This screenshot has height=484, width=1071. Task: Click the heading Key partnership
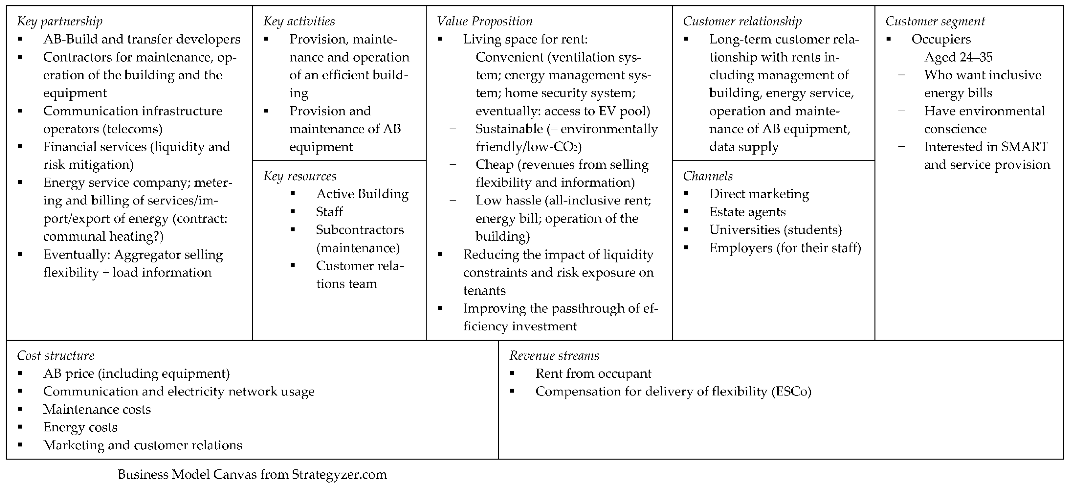pyautogui.click(x=60, y=21)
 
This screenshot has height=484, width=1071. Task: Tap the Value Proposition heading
pyautogui.click(x=484, y=21)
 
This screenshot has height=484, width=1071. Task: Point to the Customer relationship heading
pyautogui.click(x=742, y=21)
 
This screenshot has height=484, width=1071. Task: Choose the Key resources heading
pyautogui.click(x=300, y=176)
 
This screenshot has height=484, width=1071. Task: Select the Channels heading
pyautogui.click(x=708, y=176)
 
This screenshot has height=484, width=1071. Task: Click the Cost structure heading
pyautogui.click(x=56, y=356)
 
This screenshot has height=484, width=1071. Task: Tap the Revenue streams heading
pyautogui.click(x=554, y=356)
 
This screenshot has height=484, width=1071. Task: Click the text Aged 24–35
pyautogui.click(x=958, y=57)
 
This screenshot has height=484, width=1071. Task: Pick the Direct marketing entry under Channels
pyautogui.click(x=759, y=194)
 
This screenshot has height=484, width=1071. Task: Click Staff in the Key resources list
pyautogui.click(x=329, y=212)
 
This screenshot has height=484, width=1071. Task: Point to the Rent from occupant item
pyautogui.click(x=593, y=373)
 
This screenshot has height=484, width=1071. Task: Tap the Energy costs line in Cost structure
pyautogui.click(x=80, y=427)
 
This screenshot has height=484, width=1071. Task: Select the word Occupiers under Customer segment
pyautogui.click(x=941, y=39)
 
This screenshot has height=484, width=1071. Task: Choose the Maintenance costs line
pyautogui.click(x=97, y=409)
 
